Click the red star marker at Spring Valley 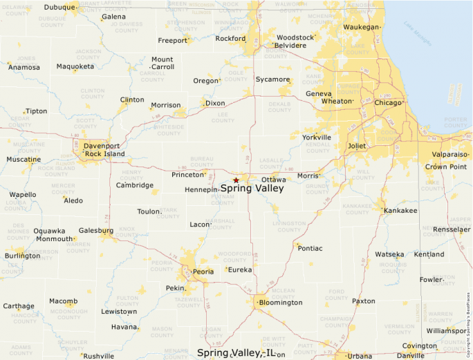(236, 180)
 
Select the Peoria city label (203, 272)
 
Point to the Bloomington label (281, 303)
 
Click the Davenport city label (102, 146)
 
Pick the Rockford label (230, 39)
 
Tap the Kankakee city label (400, 210)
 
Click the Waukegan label (361, 27)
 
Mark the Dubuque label (60, 7)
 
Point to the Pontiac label (310, 248)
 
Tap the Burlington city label (22, 256)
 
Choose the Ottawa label (273, 180)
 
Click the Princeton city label (188, 175)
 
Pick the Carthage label (18, 306)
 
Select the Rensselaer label (452, 229)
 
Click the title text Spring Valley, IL (236, 352)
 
